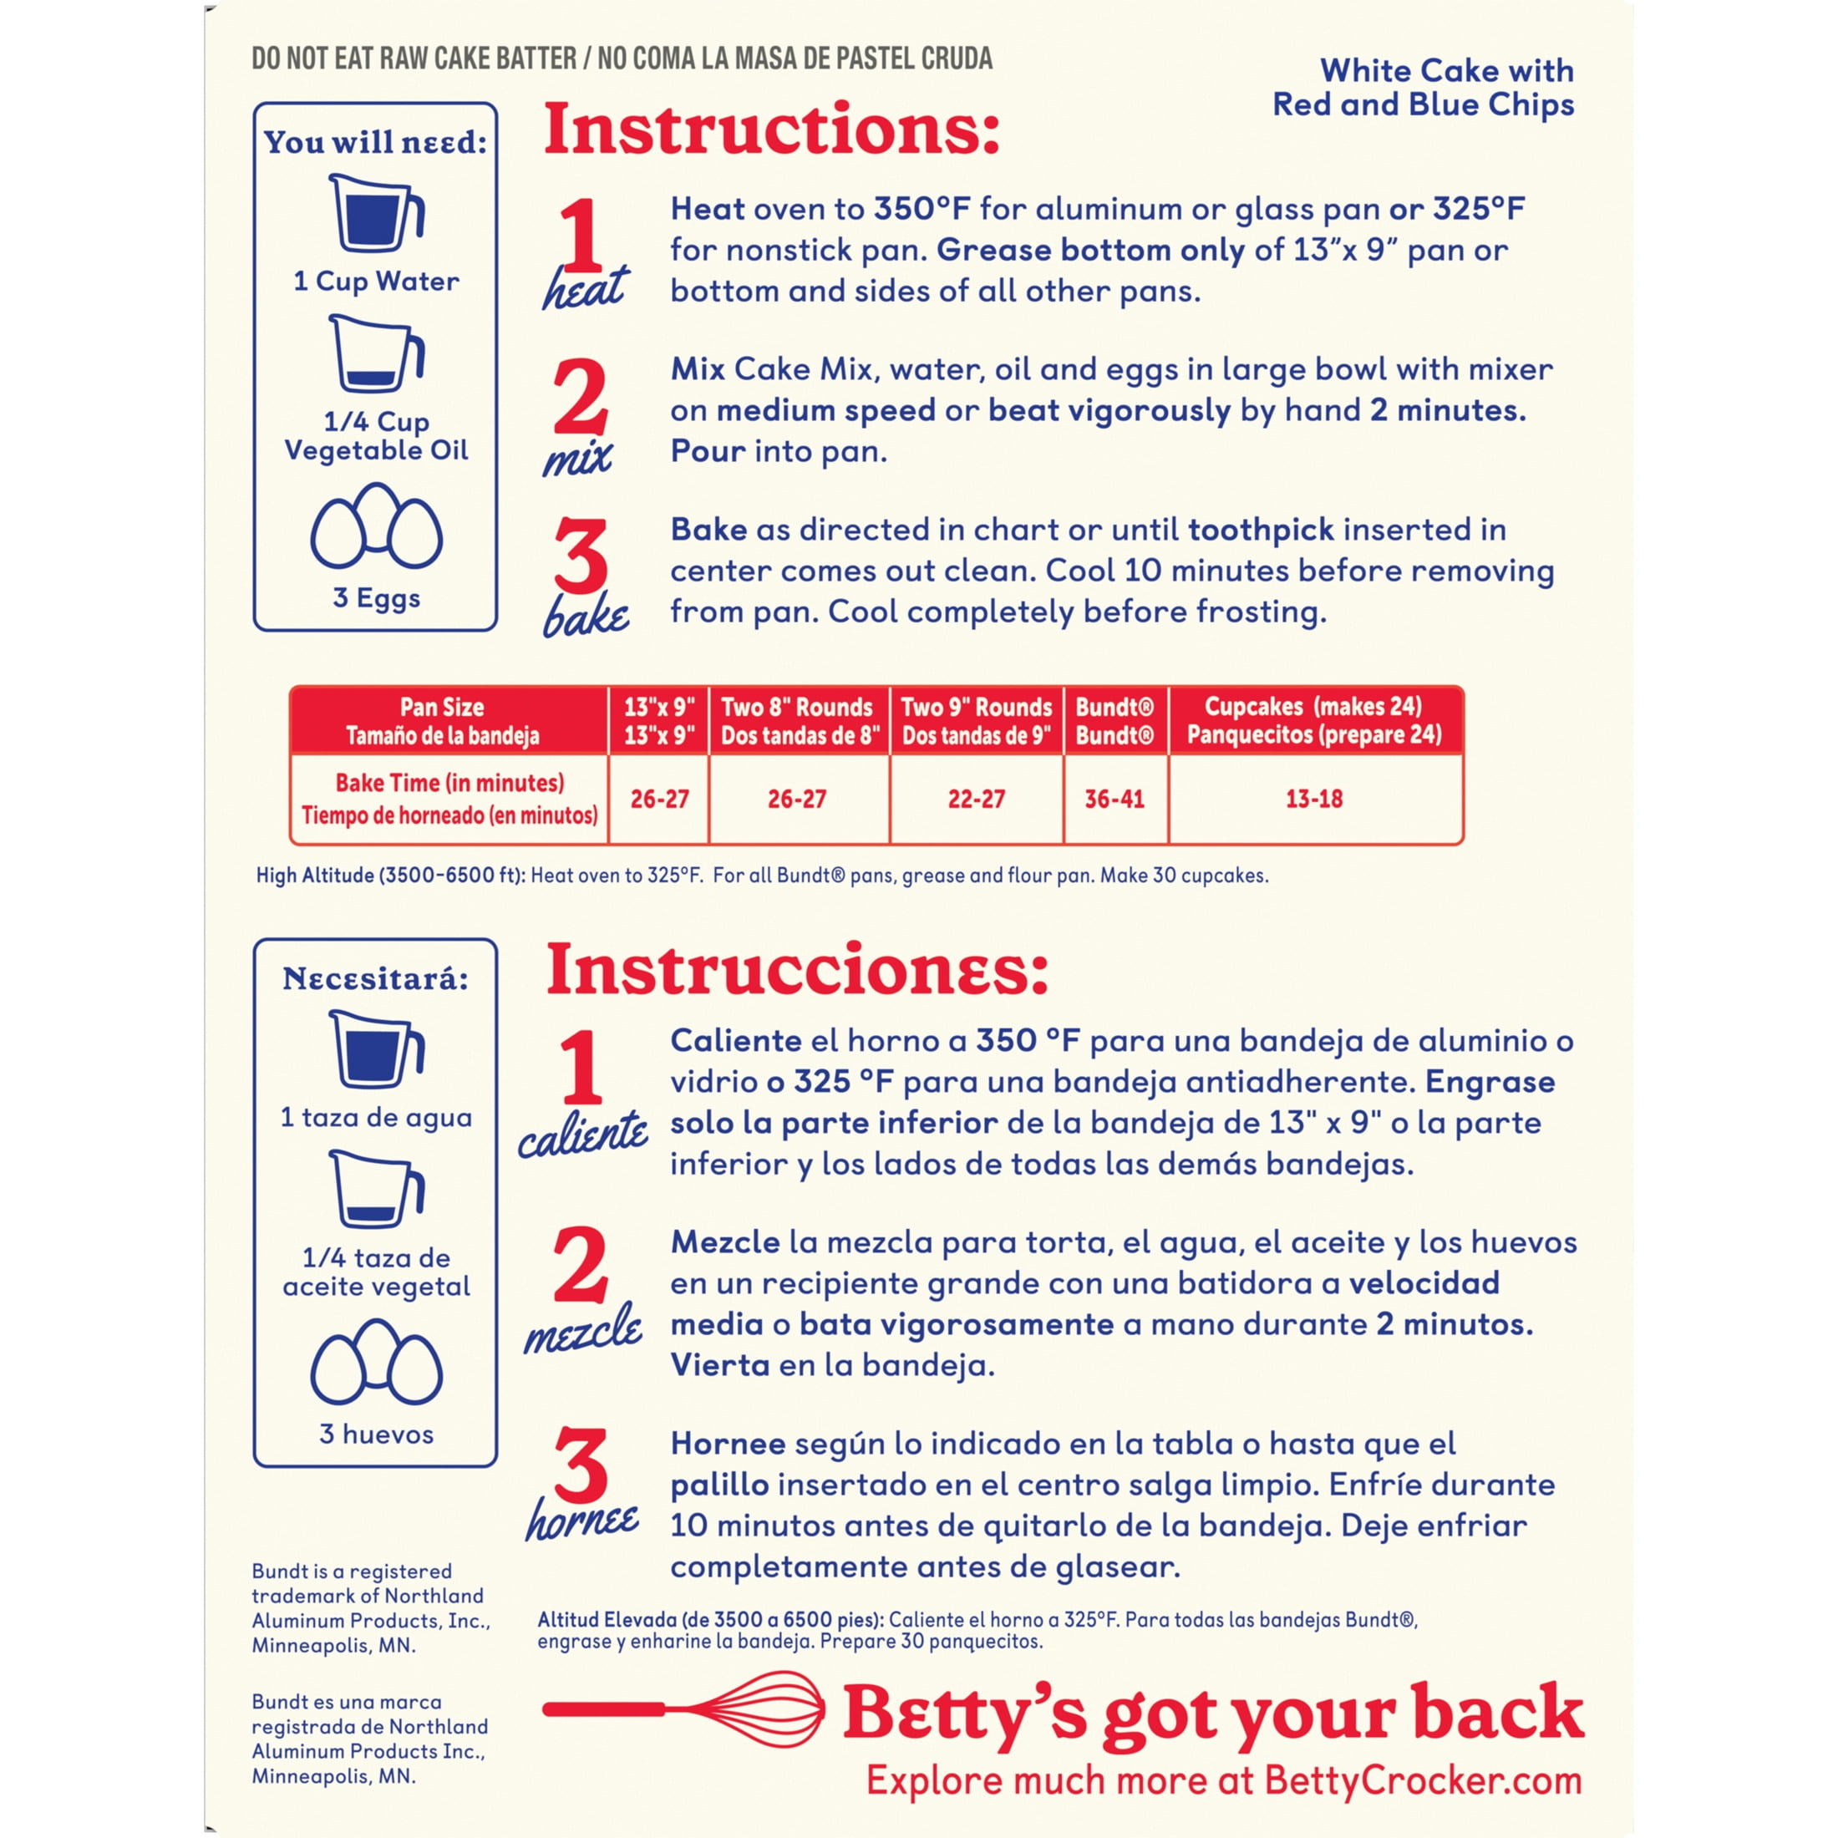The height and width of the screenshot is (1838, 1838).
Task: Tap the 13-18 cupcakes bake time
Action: (x=1314, y=800)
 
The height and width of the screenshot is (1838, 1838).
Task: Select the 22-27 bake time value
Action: (x=976, y=800)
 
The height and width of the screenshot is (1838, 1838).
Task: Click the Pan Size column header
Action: (x=443, y=721)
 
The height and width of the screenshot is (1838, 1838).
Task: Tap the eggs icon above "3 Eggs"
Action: (x=377, y=526)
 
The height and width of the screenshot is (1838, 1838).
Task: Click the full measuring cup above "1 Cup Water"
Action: (x=377, y=212)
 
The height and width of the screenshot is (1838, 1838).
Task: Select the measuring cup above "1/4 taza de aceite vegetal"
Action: (x=377, y=1189)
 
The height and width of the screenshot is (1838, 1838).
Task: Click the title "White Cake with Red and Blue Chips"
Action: (x=1424, y=88)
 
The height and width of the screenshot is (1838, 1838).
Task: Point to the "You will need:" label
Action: (x=376, y=142)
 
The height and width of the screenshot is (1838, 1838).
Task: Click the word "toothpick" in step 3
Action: (x=1261, y=530)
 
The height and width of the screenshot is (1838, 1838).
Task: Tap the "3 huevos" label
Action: (x=377, y=1434)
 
